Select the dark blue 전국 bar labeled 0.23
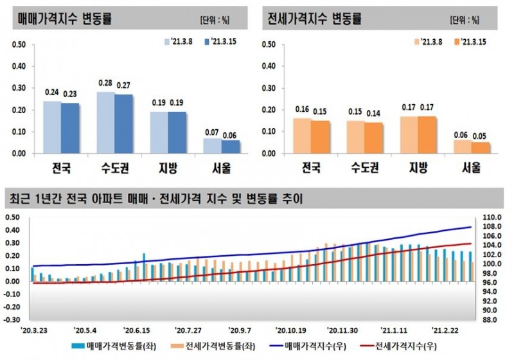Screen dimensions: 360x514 [70, 128]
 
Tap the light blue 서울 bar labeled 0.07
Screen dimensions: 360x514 [213, 146]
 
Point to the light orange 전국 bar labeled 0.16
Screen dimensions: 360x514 [301, 136]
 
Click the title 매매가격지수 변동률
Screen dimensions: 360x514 [65, 19]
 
